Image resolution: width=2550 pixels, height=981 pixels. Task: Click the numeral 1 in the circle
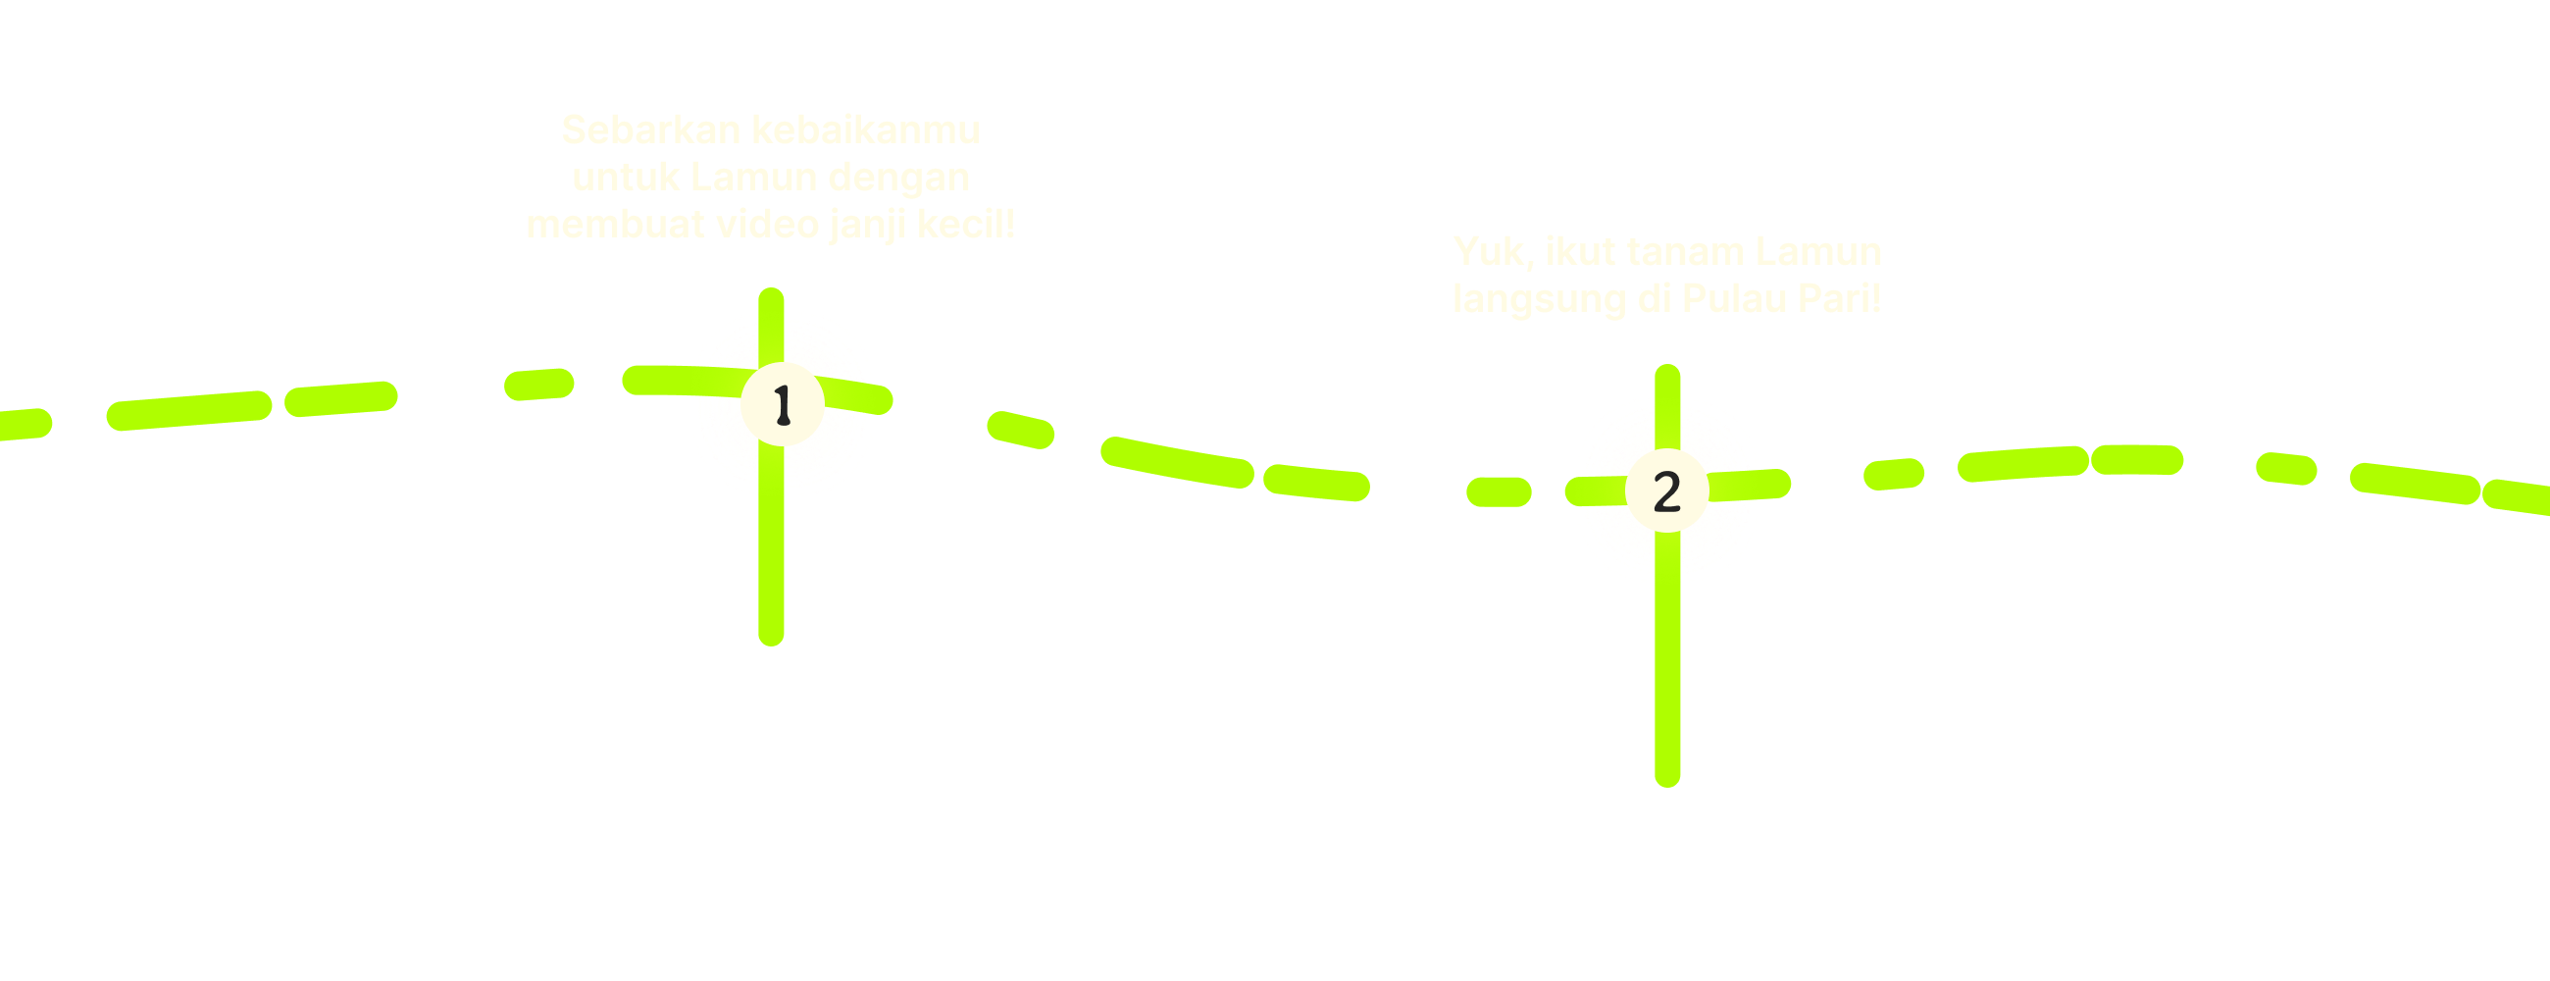782,405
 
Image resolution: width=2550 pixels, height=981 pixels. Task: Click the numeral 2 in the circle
1667,492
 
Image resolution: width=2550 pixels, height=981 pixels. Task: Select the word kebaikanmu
865,130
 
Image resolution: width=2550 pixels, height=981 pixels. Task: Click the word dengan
898,179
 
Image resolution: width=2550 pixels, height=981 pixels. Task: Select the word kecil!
966,225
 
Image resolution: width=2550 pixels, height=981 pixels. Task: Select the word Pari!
1839,299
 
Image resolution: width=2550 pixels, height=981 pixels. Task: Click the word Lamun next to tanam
1818,252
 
